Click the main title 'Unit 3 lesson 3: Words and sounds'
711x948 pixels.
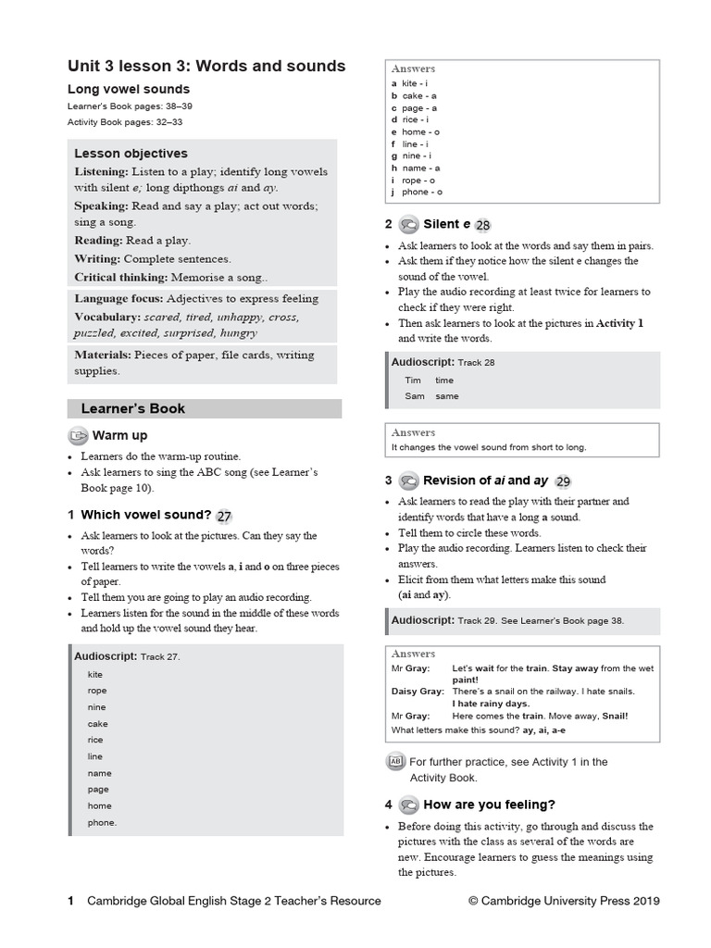[206, 66]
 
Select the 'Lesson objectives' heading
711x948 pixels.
[131, 154]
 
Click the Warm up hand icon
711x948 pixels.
[78, 435]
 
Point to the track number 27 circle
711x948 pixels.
[224, 517]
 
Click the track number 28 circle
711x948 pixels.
[482, 225]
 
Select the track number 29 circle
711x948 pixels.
[563, 481]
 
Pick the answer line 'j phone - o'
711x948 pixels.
[417, 192]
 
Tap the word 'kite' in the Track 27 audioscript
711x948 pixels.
[95, 675]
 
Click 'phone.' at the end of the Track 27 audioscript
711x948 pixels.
[103, 822]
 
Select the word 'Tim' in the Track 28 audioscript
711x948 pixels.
[413, 380]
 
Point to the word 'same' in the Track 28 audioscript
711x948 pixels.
[446, 396]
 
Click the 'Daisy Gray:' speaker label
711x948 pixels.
[418, 692]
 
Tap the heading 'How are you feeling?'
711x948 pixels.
[489, 805]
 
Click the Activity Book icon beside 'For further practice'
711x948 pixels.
[394, 762]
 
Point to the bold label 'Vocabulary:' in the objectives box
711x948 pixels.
[107, 317]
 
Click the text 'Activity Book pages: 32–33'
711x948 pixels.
[125, 121]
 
